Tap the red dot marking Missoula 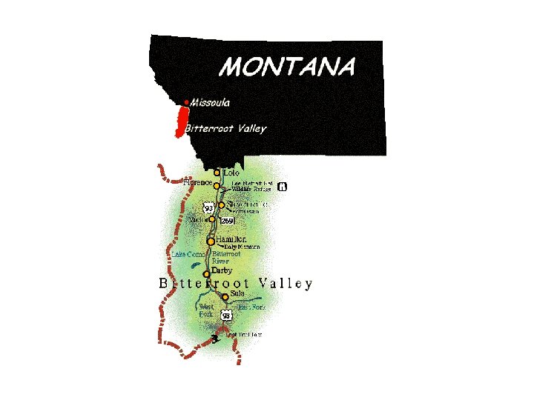click(186, 101)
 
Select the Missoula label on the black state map click(210, 102)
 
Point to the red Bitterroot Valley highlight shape click(179, 121)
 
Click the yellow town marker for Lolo click(217, 173)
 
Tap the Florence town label click(197, 181)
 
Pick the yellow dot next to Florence click(217, 187)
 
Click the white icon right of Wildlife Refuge click(282, 187)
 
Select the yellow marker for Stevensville click(221, 205)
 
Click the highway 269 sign click(228, 221)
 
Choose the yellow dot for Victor click(212, 219)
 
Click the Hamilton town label click(231, 239)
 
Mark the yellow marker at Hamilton click(211, 241)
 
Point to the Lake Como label click(188, 255)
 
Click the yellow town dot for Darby click(206, 274)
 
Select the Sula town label click(238, 293)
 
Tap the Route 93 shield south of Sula click(227, 316)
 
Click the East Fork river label click(251, 307)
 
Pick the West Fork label click(206, 310)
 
